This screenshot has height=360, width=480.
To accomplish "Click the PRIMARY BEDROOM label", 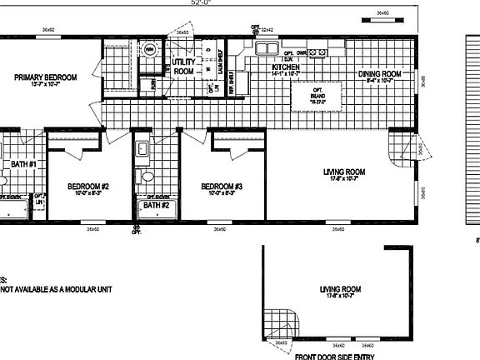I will click(46, 77).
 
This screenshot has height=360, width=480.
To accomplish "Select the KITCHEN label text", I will click(286, 67).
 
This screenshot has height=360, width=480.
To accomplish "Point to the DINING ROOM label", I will click(380, 74).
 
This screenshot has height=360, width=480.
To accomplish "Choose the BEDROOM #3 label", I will click(221, 186).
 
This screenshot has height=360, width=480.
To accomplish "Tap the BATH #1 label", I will click(23, 164).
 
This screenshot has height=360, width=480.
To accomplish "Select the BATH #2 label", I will click(156, 204).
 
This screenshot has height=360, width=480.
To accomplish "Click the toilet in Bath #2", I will click(147, 177).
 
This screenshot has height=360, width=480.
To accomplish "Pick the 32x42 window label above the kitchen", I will click(267, 30).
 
